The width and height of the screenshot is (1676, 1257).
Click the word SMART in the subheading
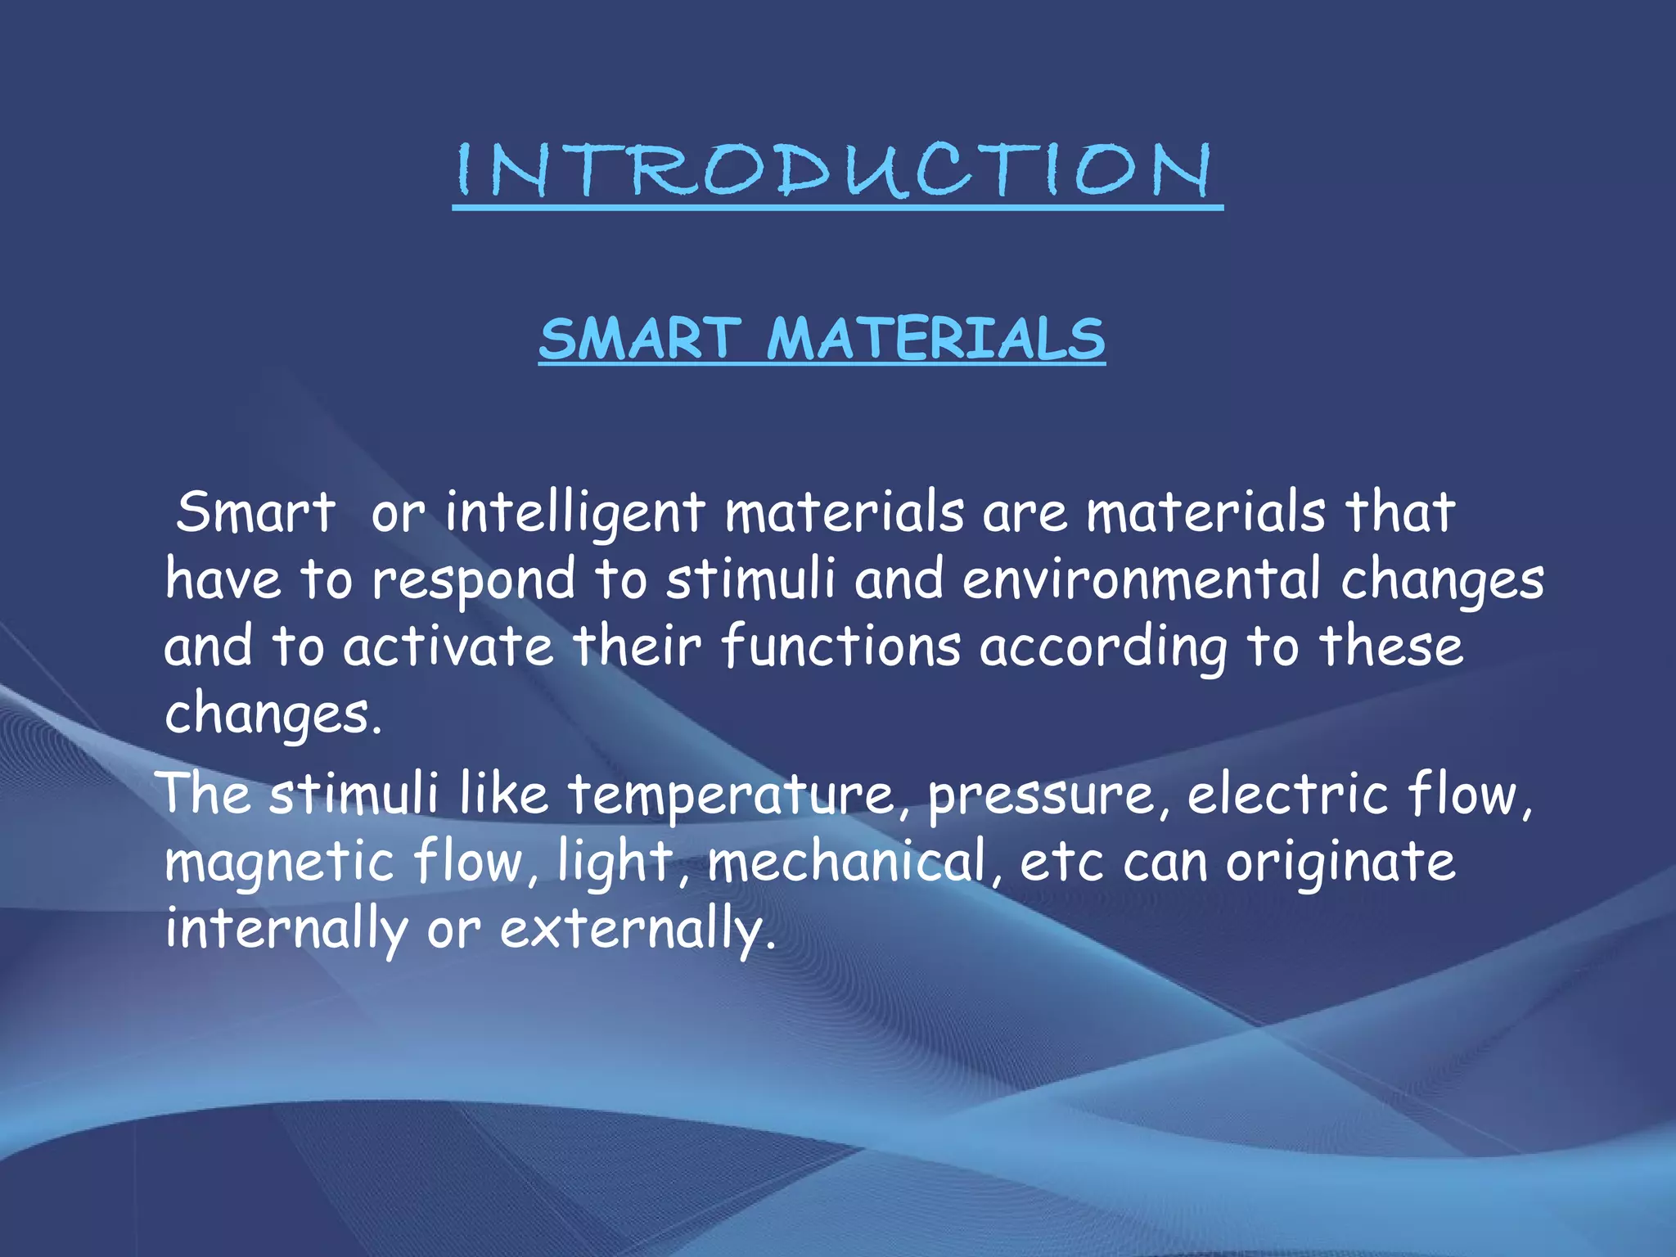[640, 339]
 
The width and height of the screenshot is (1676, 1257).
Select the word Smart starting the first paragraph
[255, 513]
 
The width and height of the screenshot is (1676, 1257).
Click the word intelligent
[574, 513]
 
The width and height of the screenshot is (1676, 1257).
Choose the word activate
[448, 647]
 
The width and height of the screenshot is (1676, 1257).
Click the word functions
[840, 647]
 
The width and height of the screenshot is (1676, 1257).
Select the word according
[1104, 647]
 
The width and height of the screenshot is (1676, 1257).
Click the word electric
[1287, 794]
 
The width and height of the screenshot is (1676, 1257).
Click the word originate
[1340, 863]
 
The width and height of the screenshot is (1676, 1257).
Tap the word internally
[286, 930]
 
